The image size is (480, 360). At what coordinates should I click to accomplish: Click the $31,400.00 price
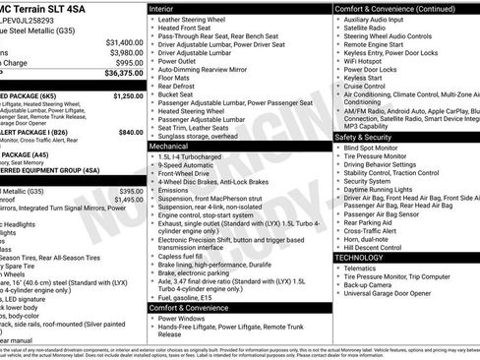coord(124,43)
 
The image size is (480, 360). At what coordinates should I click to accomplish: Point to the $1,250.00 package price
coord(128,96)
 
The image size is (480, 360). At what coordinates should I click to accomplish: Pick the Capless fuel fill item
coord(186,257)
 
